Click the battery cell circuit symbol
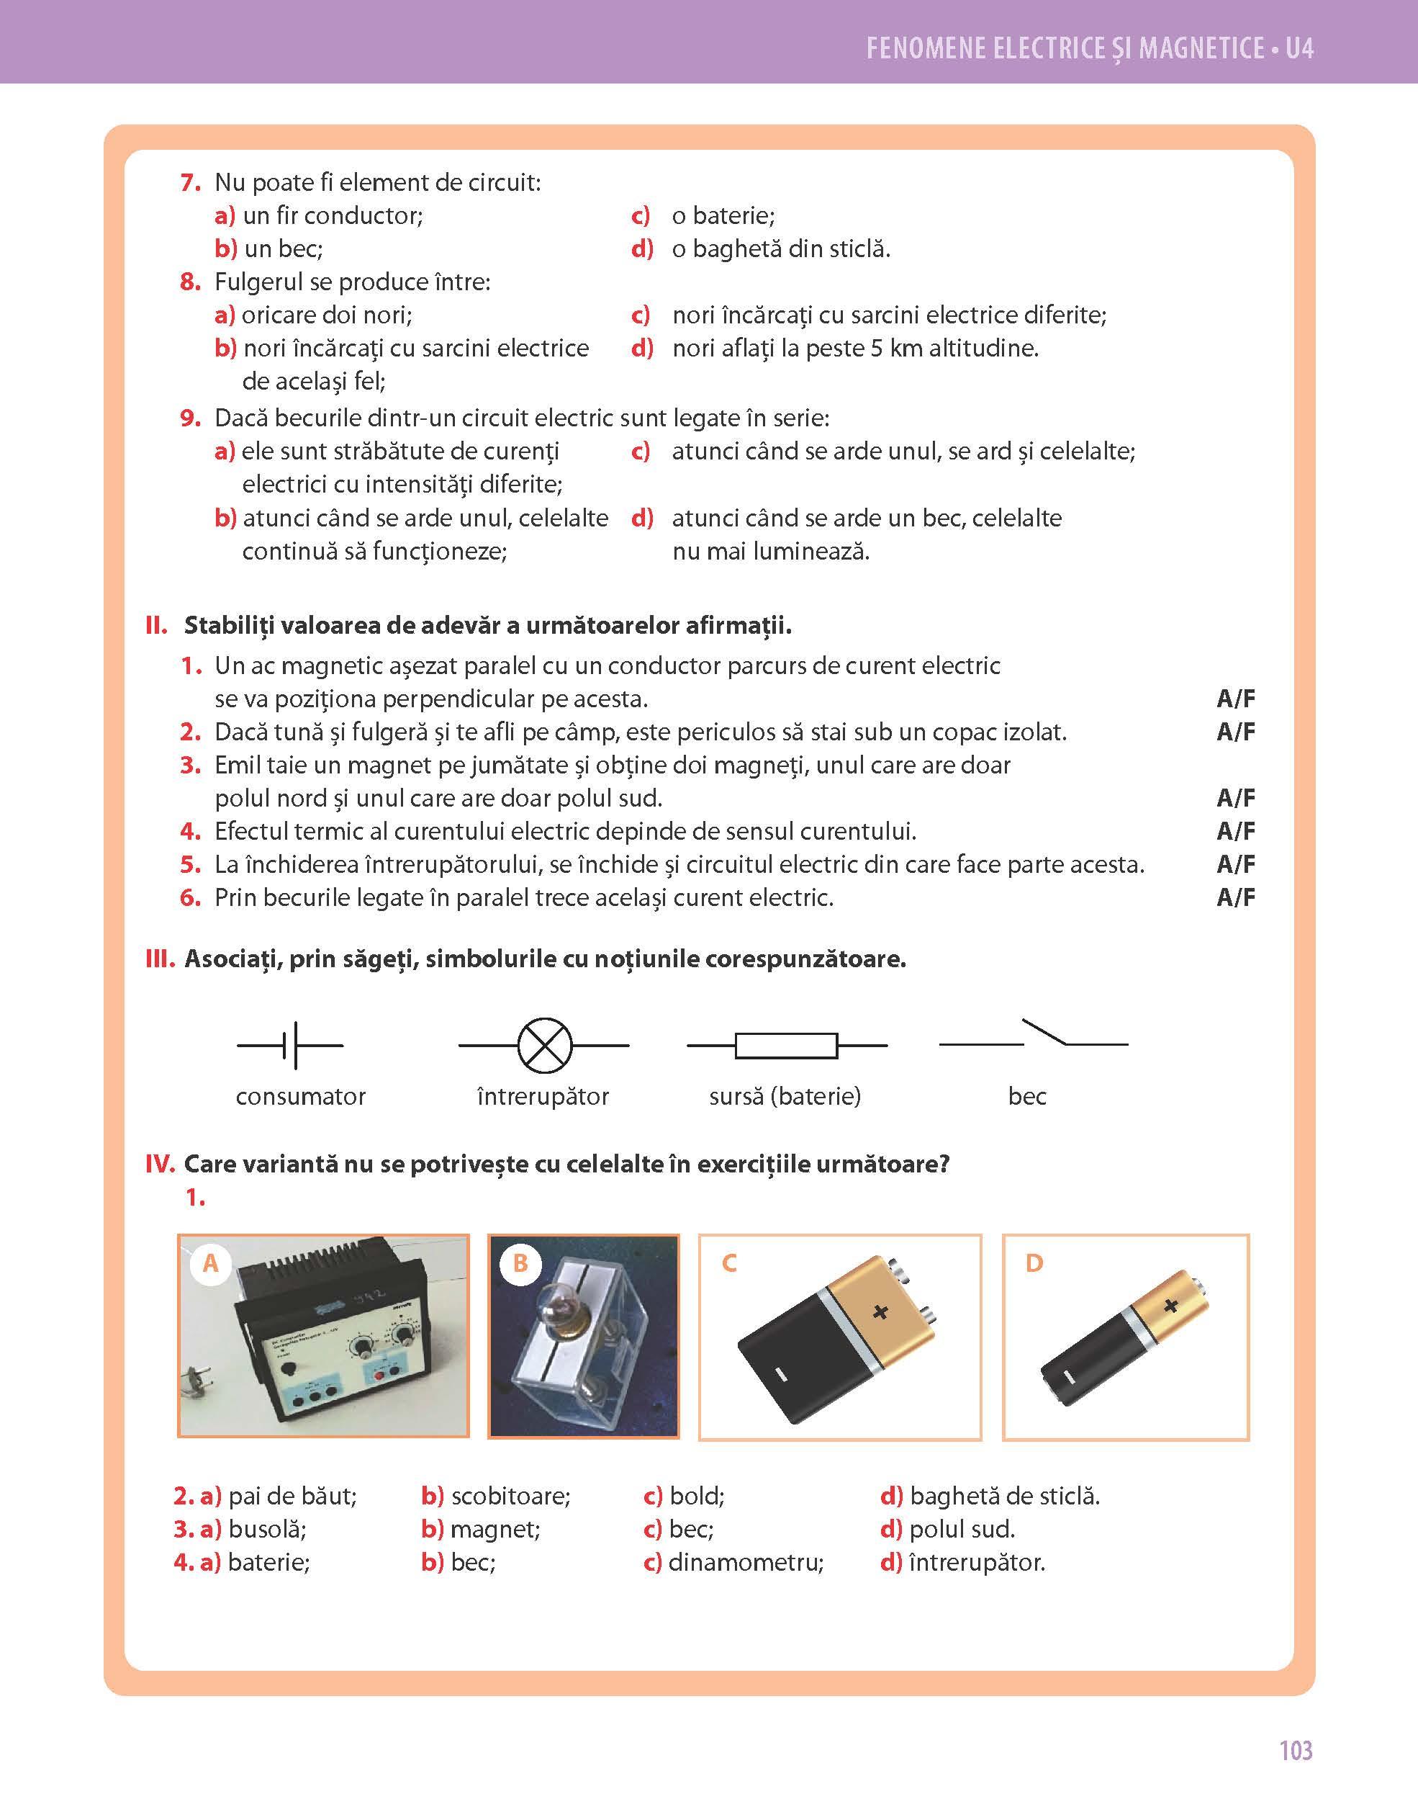tap(291, 1045)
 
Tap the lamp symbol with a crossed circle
tap(545, 1045)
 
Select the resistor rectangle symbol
tap(785, 1046)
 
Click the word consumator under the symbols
tap(301, 1096)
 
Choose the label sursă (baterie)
tap(785, 1096)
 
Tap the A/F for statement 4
tap(1235, 831)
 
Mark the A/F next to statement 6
tap(1235, 898)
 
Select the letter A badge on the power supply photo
tap(211, 1264)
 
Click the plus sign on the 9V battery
tap(880, 1311)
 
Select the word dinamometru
tap(746, 1562)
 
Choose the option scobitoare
tap(510, 1496)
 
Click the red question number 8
tap(190, 282)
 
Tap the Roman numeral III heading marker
tap(159, 959)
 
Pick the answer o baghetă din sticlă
tap(780, 249)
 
